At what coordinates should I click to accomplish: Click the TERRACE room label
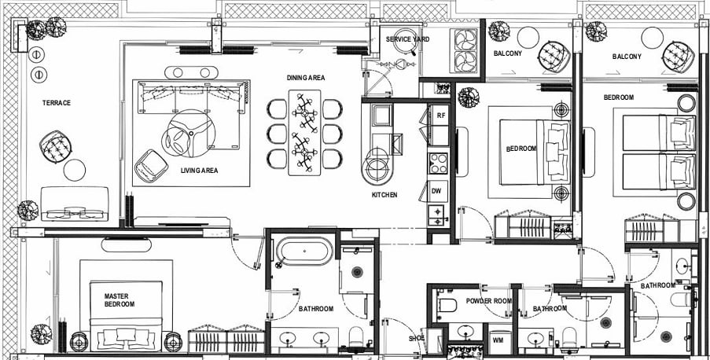coord(57,103)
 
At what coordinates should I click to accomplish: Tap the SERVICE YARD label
coord(407,39)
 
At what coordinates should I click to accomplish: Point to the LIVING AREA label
coord(199,171)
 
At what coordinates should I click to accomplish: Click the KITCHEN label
coord(384,195)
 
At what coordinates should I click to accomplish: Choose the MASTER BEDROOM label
coord(119,300)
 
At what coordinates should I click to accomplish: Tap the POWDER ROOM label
coord(489,301)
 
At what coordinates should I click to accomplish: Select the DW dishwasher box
coord(436,191)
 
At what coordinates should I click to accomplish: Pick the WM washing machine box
coord(498,339)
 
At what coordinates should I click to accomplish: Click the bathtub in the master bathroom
coord(304,251)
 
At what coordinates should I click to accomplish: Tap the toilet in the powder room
coord(447,306)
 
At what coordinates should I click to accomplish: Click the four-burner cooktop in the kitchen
coord(438,163)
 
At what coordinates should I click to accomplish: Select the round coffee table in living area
coord(189,134)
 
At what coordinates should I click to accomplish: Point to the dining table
coord(304,133)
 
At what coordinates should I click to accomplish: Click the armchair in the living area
coord(151,166)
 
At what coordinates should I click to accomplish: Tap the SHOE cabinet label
coord(416,338)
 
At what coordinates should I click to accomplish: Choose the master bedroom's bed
coord(126,316)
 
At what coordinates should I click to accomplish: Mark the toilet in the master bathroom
coord(356,337)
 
